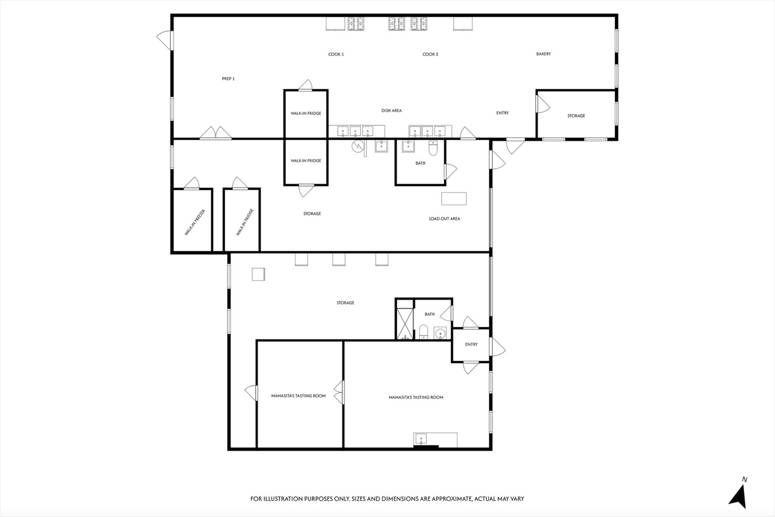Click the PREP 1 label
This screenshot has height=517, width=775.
click(x=228, y=79)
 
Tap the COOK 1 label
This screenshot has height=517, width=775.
click(x=336, y=54)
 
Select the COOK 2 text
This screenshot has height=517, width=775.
click(x=430, y=54)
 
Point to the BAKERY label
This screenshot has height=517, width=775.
click(x=544, y=54)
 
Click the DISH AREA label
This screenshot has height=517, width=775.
click(x=392, y=111)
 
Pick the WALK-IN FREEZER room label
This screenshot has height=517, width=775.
click(x=195, y=222)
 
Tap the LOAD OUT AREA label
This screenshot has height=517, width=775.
click(x=444, y=219)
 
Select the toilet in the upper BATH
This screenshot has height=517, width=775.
click(x=433, y=148)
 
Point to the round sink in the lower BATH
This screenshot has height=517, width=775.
click(x=440, y=333)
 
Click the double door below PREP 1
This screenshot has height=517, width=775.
click(x=216, y=133)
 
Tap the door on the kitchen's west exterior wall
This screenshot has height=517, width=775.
click(x=164, y=40)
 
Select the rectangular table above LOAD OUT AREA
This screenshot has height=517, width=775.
click(x=454, y=199)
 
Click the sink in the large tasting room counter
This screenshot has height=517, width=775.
click(x=421, y=439)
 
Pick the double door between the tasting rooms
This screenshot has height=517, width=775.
click(x=339, y=392)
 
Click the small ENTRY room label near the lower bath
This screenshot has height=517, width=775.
click(x=471, y=344)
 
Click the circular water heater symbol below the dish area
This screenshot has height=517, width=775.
click(x=358, y=146)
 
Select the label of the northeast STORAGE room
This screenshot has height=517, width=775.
click(x=576, y=116)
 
